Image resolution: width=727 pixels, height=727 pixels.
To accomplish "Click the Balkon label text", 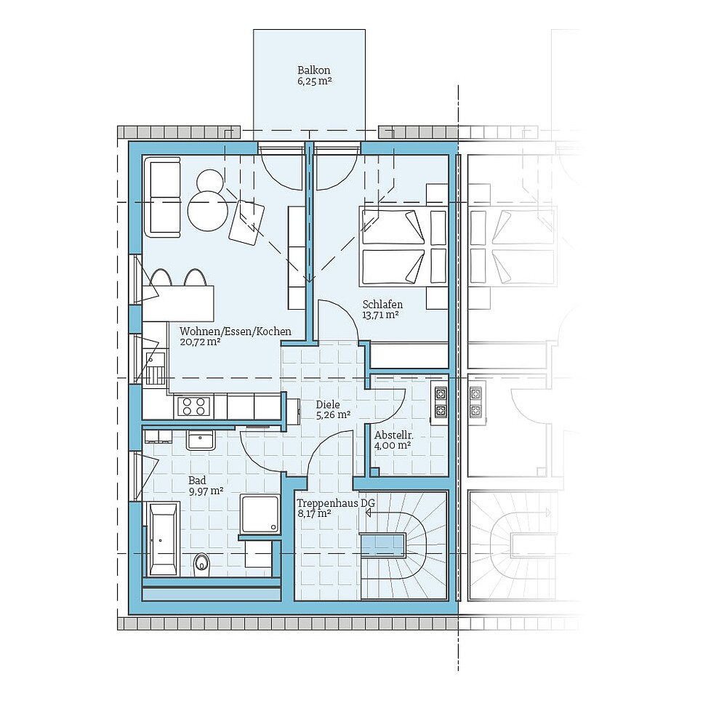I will pyautogui.click(x=313, y=71).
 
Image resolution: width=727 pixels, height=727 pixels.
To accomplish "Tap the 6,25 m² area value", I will pyautogui.click(x=313, y=82).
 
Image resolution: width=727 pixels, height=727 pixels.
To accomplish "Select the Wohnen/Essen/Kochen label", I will pyautogui.click(x=235, y=332).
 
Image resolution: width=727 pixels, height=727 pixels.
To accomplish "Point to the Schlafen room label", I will pyautogui.click(x=382, y=304).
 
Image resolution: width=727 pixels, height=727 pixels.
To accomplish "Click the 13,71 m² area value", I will pyautogui.click(x=381, y=315).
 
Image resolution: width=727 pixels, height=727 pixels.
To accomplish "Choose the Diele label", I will pyautogui.click(x=327, y=404).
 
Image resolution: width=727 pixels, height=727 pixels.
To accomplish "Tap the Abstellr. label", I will pyautogui.click(x=393, y=434).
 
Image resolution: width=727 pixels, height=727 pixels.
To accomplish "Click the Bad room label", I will pyautogui.click(x=197, y=481).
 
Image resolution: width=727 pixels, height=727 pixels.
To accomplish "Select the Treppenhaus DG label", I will pyautogui.click(x=325, y=502).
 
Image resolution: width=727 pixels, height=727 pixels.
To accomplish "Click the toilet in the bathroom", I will pyautogui.click(x=201, y=562).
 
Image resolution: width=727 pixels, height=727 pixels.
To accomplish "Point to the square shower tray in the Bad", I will pyautogui.click(x=260, y=513).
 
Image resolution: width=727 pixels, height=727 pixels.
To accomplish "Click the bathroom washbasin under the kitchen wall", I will pyautogui.click(x=200, y=440).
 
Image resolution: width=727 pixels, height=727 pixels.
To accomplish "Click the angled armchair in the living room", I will pyautogui.click(x=247, y=221).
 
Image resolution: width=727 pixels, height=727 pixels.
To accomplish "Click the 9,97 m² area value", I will pyautogui.click(x=205, y=491).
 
